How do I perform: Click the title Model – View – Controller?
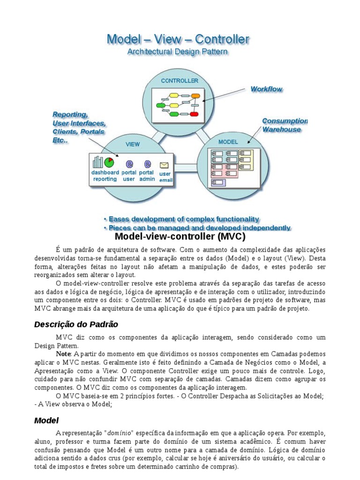coord(178,39)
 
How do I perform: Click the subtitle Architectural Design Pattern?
coord(178,52)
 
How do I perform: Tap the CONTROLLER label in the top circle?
coord(180,81)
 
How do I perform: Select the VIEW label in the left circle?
coord(133,144)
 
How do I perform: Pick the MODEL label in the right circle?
coord(228,142)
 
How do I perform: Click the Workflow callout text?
coord(266,89)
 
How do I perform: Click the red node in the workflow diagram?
coord(195,114)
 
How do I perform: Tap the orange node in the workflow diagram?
coord(196,97)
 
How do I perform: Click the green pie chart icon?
coord(109,162)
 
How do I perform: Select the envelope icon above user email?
coord(165,165)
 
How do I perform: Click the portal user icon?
coord(129,164)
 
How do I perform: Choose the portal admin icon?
coord(147,164)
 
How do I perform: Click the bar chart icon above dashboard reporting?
coord(97,162)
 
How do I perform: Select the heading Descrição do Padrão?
coord(76,324)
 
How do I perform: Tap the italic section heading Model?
coord(46,420)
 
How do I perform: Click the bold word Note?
coord(63,353)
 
